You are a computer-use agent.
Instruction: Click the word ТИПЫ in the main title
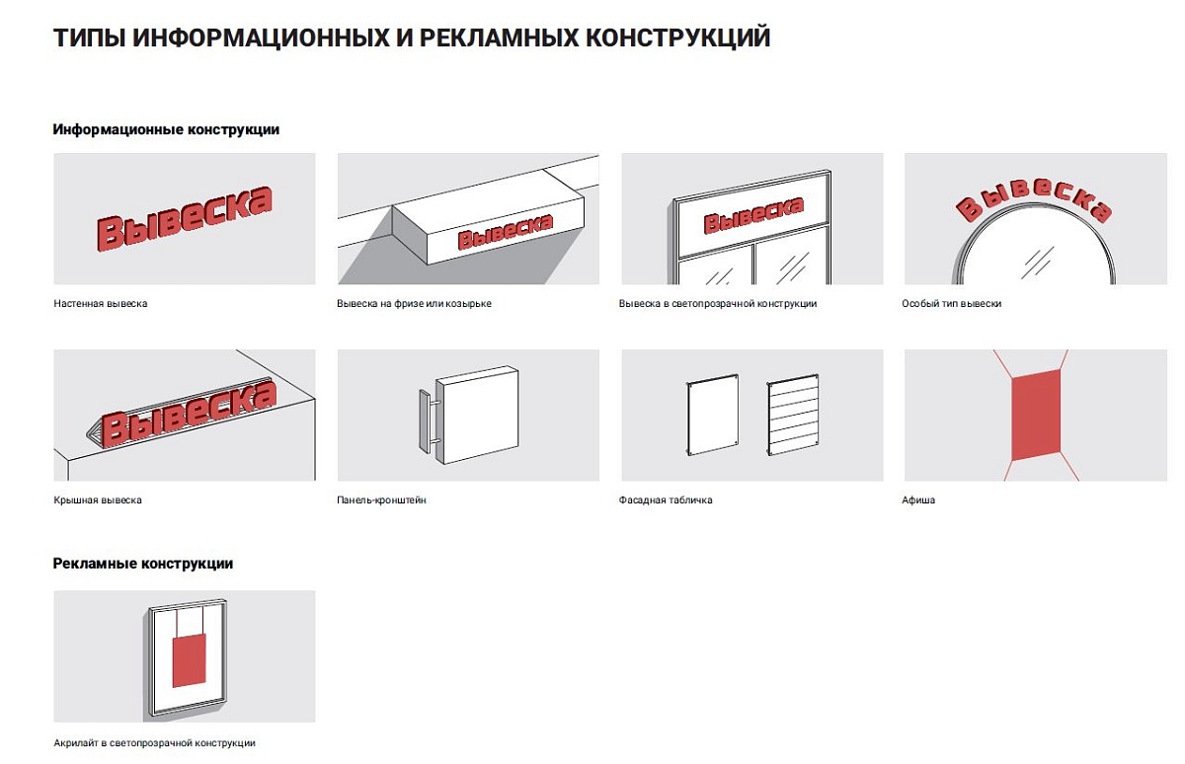pos(89,38)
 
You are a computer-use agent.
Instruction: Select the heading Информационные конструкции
pos(166,129)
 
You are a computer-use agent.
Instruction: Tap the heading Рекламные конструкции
pos(143,564)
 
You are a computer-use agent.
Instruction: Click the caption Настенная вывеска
pos(101,304)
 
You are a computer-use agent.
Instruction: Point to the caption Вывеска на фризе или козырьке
pos(414,304)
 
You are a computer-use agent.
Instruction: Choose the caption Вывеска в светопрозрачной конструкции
pos(718,304)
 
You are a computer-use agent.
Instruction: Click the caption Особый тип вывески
pos(952,304)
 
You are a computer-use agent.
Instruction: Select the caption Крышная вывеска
pos(98,500)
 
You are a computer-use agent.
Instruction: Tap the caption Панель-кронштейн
pos(381,500)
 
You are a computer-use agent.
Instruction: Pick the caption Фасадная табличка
pos(666,500)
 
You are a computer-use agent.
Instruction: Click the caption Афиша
pos(918,500)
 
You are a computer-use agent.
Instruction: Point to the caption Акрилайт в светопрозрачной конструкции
pos(154,743)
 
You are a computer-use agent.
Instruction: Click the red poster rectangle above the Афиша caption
pos(1036,416)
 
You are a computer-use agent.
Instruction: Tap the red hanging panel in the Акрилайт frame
pos(189,662)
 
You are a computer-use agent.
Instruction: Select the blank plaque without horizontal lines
pos(712,414)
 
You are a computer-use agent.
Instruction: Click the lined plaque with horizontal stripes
pos(792,414)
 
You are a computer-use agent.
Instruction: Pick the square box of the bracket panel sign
pos(477,415)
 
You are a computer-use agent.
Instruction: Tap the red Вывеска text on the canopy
pos(506,231)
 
